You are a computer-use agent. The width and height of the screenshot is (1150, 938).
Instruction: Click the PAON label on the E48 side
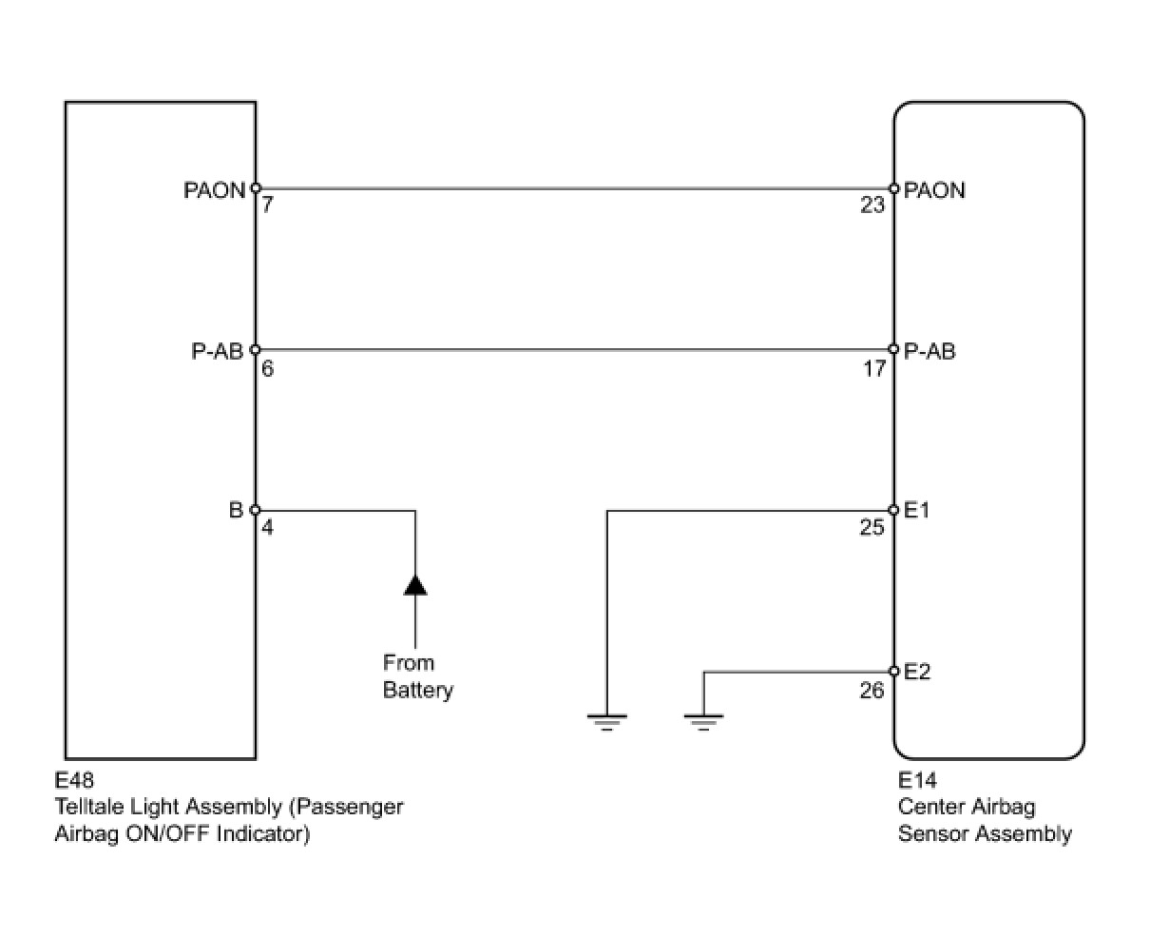214,190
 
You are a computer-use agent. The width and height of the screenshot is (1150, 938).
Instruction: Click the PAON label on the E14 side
934,190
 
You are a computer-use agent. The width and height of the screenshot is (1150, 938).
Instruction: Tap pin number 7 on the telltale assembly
267,205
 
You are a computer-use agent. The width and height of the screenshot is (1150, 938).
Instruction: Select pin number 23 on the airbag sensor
872,205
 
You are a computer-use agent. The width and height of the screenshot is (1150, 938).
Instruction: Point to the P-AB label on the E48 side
217,351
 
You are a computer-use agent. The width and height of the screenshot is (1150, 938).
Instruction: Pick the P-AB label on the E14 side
930,351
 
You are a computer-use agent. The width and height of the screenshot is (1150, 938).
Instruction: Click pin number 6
267,367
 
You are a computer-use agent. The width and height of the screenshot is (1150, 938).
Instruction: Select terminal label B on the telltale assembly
237,511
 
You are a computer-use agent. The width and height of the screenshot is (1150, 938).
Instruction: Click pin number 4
267,527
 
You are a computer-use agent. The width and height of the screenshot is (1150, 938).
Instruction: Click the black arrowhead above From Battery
415,584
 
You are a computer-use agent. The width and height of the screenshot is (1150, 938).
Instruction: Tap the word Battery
417,690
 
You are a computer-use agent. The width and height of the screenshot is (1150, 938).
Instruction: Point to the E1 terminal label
916,511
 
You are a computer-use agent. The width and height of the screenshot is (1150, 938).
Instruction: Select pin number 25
872,527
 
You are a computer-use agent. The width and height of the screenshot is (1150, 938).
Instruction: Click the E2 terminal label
917,672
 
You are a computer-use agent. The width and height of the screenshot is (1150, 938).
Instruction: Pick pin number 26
872,691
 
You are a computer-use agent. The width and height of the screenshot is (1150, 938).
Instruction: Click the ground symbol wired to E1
607,721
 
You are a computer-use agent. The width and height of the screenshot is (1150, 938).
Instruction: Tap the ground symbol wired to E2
703,721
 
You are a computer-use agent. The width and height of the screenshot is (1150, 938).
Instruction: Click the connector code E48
75,781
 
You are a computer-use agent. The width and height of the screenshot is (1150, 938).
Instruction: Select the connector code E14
917,781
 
